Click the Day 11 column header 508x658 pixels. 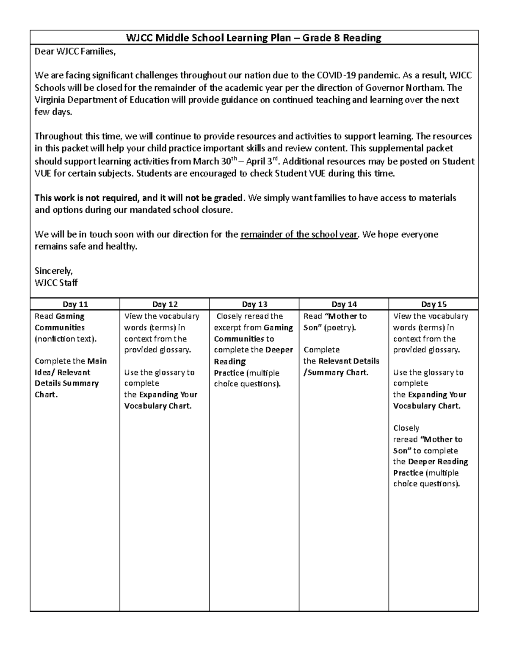pos(75,304)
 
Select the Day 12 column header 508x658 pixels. pos(165,304)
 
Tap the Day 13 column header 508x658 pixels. pos(254,304)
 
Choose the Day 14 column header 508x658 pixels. pos(344,304)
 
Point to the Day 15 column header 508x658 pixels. pos(433,304)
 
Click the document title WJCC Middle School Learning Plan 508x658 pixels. pos(254,38)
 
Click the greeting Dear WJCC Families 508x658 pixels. pos(75,52)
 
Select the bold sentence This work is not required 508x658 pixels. pos(139,198)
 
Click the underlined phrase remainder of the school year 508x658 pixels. pos(299,235)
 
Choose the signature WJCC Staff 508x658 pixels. pos(56,283)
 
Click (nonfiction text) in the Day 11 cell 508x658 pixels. pos(66,339)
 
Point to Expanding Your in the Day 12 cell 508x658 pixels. pos(168,394)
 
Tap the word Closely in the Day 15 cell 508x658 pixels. pos(406,428)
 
